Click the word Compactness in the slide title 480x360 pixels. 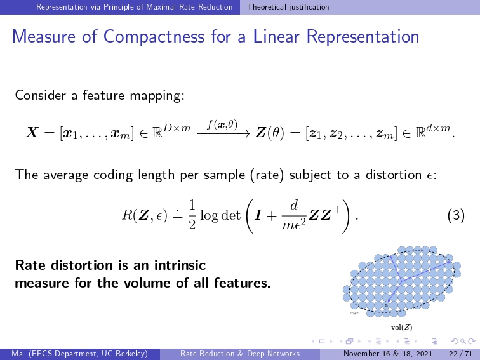click(154, 37)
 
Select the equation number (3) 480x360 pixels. click(456, 215)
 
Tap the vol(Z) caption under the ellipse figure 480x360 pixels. click(402, 328)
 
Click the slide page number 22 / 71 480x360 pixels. click(461, 354)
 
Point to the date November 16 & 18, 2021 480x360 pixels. click(388, 354)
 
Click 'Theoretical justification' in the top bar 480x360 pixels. click(288, 7)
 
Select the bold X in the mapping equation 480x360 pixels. click(32, 133)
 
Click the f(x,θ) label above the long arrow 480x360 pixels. click(222, 125)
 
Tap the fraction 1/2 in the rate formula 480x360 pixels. click(192, 215)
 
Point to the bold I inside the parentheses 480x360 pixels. click(258, 215)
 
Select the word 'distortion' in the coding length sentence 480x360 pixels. click(394, 175)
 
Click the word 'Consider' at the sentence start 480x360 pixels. click(41, 95)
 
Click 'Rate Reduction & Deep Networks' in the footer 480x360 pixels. click(240, 354)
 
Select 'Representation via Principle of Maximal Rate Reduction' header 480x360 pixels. click(135, 7)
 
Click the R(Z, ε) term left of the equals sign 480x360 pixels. click(145, 215)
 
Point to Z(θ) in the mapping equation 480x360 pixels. click(270, 133)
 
